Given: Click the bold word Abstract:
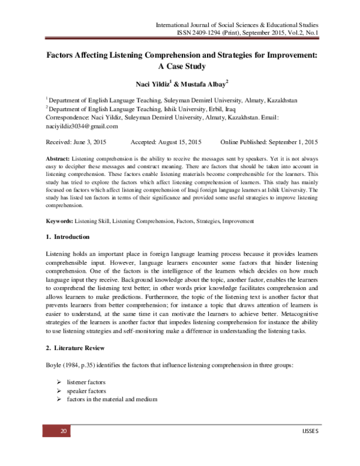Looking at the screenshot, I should pyautogui.click(x=59, y=157).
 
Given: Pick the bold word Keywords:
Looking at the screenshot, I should pyautogui.click(x=62, y=222).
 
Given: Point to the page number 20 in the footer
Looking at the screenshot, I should pyautogui.click(x=61, y=432).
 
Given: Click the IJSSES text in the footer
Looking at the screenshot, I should pyautogui.click(x=305, y=432).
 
